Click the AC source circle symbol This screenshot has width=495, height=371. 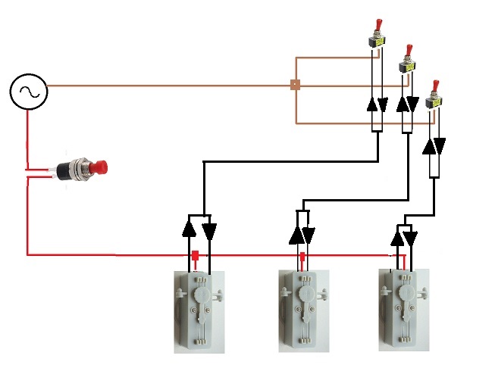[29, 92]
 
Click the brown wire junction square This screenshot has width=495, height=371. [295, 86]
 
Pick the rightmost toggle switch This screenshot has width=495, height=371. [433, 95]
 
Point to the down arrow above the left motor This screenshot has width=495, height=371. [208, 229]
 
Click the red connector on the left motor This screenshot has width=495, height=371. [195, 257]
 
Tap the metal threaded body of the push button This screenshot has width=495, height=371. [78, 167]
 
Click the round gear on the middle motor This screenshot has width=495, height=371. [307, 291]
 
